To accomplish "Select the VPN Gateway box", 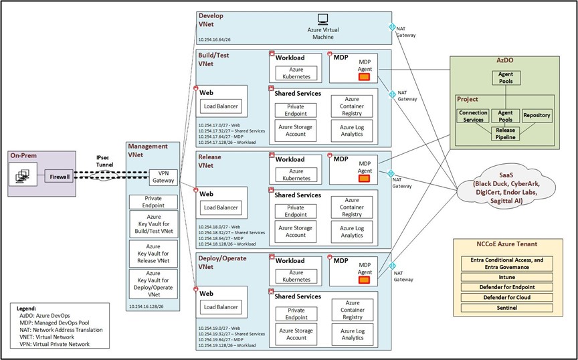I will point(162,176).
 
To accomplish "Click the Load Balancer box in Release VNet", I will point(221,207).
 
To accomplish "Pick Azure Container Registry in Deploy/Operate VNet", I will point(352,312).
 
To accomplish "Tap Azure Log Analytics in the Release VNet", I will point(352,232).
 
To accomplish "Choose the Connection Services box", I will point(472,116).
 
